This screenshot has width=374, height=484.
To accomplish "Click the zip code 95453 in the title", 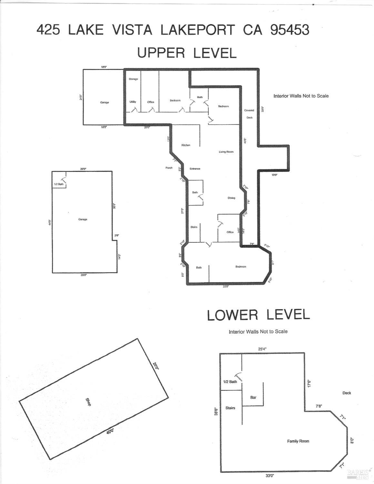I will coord(289,30).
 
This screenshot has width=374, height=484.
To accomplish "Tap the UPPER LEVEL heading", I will coord(187,53).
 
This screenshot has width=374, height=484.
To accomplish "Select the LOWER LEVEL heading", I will coord(258,315).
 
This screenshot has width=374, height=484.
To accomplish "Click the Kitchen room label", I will coord(186,145).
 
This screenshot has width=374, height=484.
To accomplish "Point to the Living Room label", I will coord(226,152).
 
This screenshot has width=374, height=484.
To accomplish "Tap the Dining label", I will coord(231,198).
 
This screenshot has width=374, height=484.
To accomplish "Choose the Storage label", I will coord(133,79).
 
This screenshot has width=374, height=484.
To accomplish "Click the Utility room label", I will coord(133,102).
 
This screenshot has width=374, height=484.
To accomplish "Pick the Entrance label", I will coord(195,169).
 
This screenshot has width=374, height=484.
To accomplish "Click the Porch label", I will coord(169,168).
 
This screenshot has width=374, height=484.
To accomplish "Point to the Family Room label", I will coord(298,441).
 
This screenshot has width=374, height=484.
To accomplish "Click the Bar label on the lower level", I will coord(253,397).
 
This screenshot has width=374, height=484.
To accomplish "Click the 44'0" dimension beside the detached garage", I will coord(50,222).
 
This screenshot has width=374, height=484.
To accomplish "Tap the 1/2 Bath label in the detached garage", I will coord(59,184).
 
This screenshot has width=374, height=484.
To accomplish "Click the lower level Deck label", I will coord(347,393).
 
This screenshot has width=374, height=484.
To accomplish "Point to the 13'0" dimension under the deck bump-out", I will coord(274,175).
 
